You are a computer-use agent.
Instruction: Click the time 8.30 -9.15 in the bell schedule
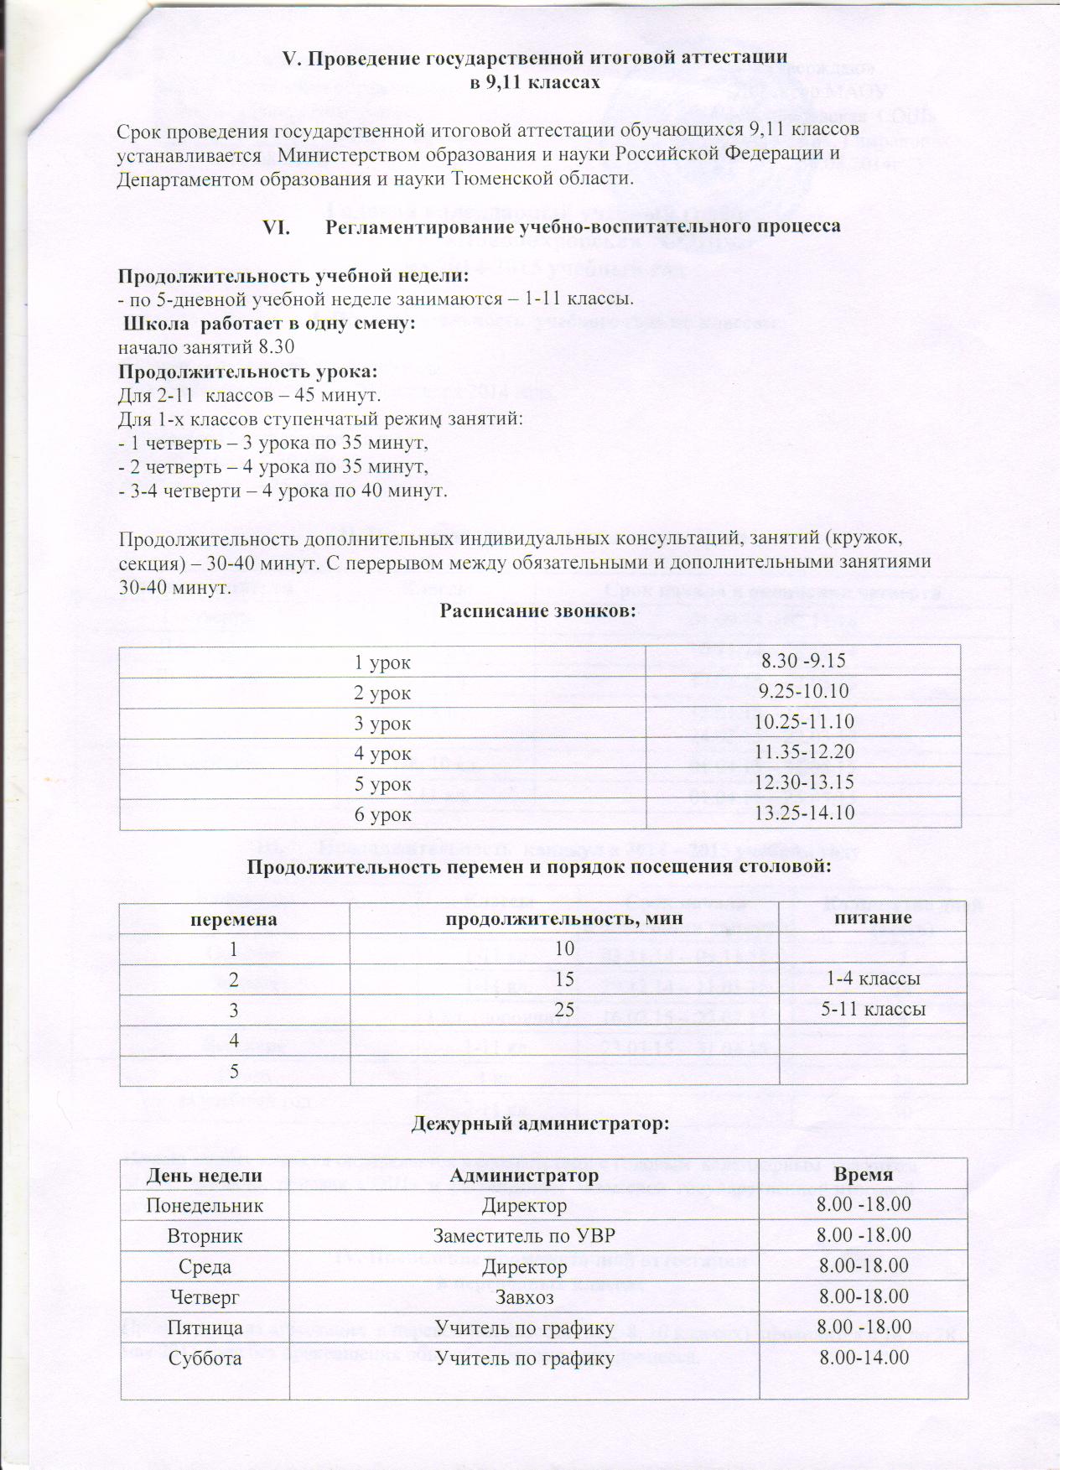(804, 662)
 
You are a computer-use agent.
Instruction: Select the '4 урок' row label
(382, 753)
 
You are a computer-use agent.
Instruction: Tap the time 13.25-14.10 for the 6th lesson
(803, 813)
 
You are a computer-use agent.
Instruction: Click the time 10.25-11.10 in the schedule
(803, 722)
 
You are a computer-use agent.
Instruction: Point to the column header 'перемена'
(234, 918)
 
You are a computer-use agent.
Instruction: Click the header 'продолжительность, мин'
(563, 918)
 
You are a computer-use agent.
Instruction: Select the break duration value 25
(563, 1010)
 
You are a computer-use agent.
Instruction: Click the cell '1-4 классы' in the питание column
(873, 979)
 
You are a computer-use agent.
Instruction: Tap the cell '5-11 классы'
(873, 1010)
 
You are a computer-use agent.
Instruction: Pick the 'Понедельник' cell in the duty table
(205, 1205)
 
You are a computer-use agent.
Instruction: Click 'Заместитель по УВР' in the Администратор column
(525, 1235)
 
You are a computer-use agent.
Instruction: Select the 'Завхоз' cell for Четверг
(525, 1296)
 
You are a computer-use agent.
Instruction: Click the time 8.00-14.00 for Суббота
(864, 1358)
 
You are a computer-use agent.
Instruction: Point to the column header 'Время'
(864, 1175)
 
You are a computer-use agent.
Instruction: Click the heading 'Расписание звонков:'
(538, 610)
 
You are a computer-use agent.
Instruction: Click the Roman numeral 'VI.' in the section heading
(277, 226)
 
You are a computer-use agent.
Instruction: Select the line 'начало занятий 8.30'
(206, 347)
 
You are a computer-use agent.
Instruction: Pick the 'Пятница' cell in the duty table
(205, 1327)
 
